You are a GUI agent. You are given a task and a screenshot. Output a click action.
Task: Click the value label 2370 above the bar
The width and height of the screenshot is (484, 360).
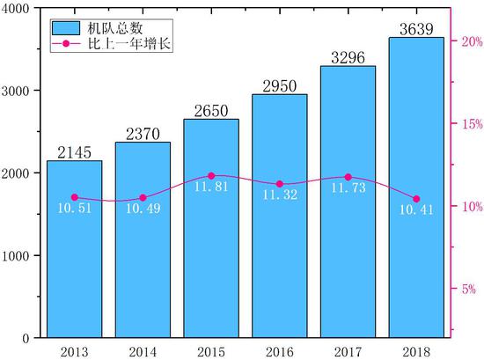(x=143, y=134)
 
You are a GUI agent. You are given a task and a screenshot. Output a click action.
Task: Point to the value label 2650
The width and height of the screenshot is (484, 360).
(x=211, y=111)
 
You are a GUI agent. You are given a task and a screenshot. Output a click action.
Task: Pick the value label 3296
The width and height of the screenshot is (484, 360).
(x=348, y=58)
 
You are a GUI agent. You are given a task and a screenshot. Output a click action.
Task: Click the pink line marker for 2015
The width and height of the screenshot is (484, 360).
(x=211, y=176)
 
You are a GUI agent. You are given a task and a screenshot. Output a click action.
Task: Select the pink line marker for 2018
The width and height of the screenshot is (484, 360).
(x=416, y=199)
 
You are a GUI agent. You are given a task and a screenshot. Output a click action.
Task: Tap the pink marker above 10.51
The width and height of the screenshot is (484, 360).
(x=74, y=197)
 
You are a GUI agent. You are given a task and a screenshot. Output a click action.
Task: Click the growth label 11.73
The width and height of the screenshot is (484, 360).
(x=348, y=188)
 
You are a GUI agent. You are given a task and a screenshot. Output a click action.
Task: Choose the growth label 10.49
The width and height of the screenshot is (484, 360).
(x=143, y=209)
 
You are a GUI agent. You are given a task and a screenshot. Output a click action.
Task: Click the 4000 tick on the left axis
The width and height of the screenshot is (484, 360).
(x=19, y=8)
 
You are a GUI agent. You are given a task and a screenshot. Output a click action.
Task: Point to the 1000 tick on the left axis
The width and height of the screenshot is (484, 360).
(x=19, y=255)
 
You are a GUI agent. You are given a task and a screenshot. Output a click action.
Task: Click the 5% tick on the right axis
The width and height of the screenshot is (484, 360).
(x=467, y=289)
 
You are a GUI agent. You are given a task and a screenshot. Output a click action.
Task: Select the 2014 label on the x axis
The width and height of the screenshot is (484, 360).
(x=143, y=350)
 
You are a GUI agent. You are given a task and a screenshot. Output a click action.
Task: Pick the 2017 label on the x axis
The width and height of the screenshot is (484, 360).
(x=348, y=350)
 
